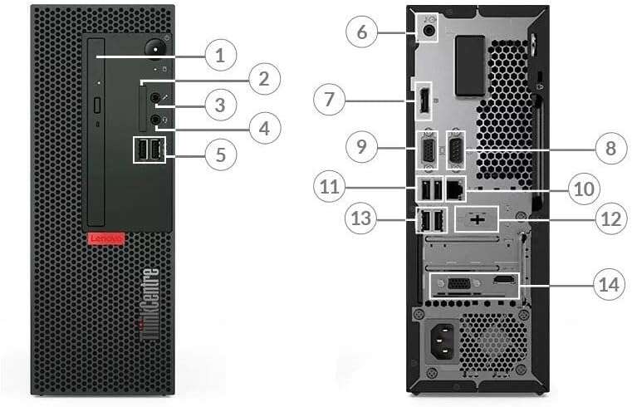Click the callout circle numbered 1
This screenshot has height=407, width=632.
click(x=220, y=56)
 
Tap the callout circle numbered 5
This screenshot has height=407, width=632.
click(x=220, y=154)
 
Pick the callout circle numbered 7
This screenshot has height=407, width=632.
click(x=330, y=101)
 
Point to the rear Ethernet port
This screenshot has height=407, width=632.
click(x=455, y=189)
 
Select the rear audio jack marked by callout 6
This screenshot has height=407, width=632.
click(x=429, y=31)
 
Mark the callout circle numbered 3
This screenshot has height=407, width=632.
click(x=220, y=105)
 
